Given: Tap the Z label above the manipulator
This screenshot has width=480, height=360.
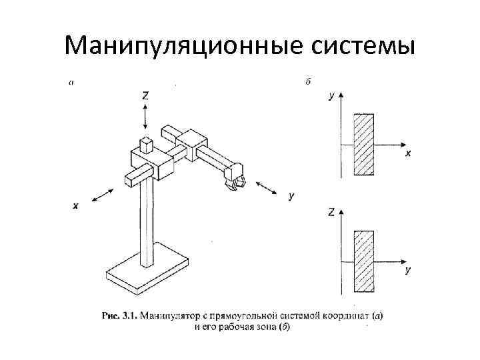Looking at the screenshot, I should coord(145,95).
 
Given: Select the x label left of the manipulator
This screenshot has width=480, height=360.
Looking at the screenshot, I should coord(75,206).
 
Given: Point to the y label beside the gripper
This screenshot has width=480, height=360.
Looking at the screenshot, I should coord(291,195).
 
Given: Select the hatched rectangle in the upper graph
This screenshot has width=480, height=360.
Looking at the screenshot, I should coord(364,145).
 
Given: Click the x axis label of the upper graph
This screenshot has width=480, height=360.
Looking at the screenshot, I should coord(408,153).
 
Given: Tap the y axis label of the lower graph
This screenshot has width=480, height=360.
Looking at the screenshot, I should coord(407,271).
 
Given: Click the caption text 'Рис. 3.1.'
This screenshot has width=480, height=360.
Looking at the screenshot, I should coord(117,315).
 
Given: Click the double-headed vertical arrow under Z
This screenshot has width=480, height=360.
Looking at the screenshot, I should coord(145,117).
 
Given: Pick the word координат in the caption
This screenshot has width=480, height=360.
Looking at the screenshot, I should coord(346,315).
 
